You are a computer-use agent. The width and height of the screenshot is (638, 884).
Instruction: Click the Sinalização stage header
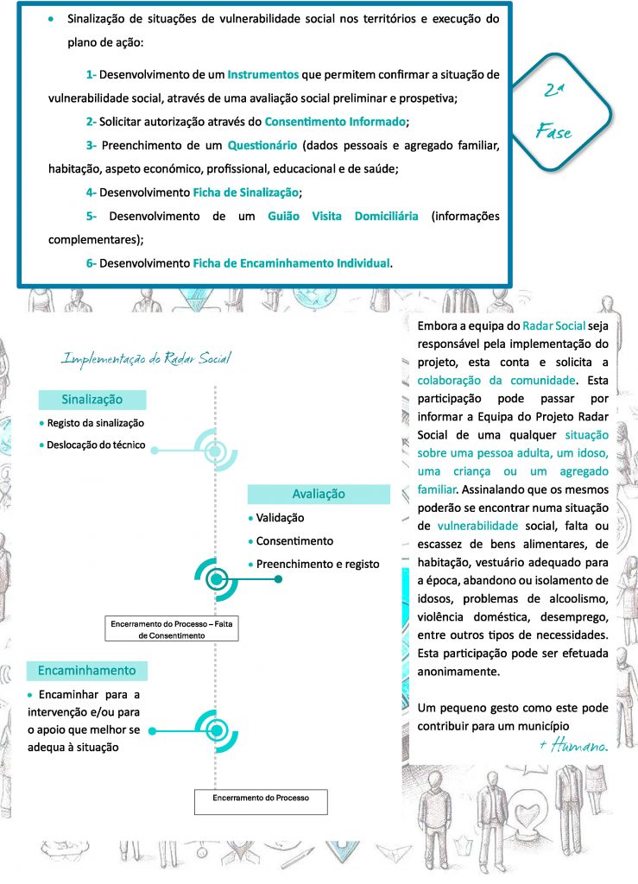(92, 400)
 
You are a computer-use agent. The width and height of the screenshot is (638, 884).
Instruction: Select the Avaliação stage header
(319, 494)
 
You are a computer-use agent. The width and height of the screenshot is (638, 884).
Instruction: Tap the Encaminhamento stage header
(86, 670)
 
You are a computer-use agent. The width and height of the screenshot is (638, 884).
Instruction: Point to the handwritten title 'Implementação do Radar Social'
(147, 357)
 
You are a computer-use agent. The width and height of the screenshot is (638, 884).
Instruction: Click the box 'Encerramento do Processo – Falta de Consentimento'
(171, 628)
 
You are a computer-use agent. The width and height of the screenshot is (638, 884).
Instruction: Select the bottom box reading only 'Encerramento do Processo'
(261, 799)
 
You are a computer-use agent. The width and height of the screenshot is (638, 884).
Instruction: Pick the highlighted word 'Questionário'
(262, 144)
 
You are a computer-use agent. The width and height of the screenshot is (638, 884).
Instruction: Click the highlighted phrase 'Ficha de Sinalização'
(246, 192)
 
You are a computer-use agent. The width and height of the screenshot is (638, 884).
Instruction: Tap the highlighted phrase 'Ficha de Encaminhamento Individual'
(292, 262)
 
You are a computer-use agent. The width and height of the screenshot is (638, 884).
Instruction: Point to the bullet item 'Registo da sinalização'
(96, 423)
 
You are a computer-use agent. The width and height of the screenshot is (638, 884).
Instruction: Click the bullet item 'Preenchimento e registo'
(318, 564)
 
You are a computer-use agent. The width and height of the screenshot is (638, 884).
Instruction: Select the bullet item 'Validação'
(280, 518)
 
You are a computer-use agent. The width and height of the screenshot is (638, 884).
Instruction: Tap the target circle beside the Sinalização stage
(216, 450)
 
